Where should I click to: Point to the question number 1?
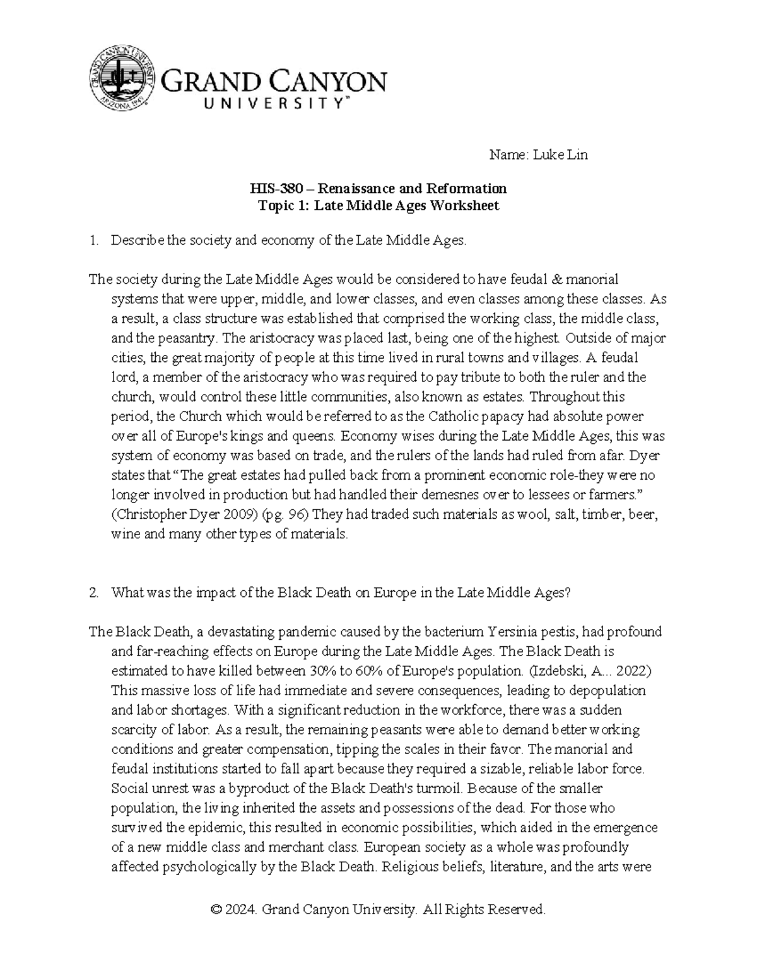tap(93, 240)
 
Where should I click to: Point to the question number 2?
tap(93, 593)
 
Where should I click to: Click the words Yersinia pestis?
tap(529, 632)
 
